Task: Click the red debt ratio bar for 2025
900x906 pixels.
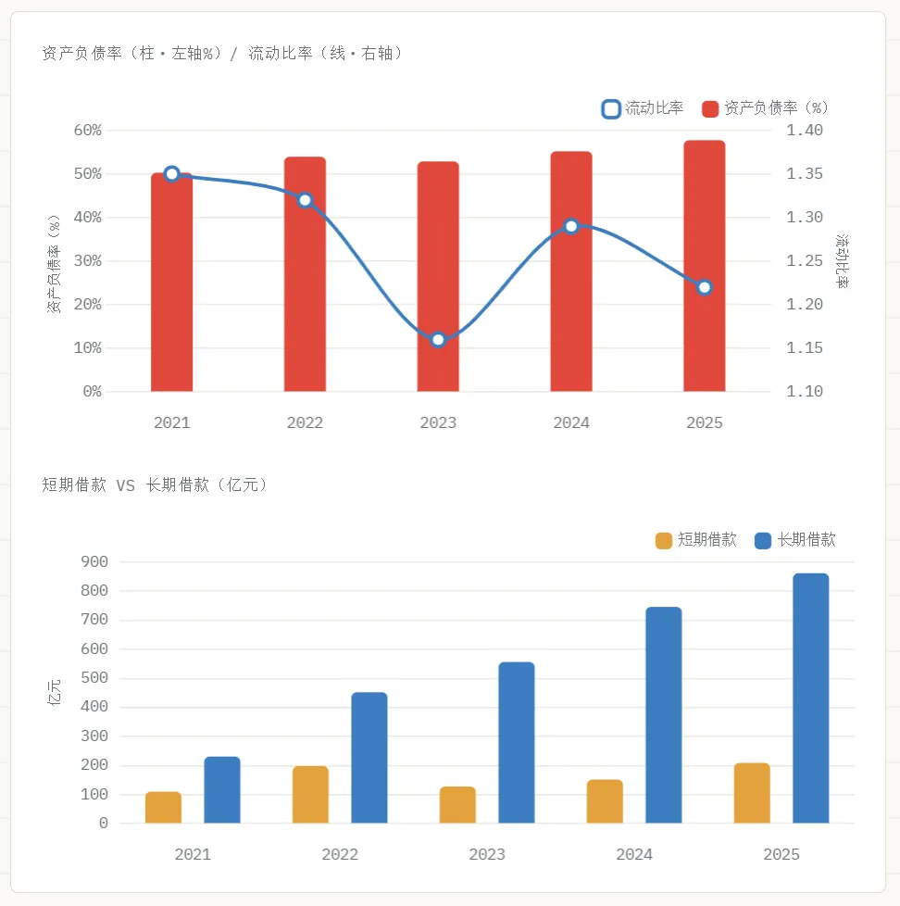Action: click(705, 266)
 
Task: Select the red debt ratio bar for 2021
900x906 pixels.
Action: click(171, 282)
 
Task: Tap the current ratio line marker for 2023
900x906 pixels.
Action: click(438, 340)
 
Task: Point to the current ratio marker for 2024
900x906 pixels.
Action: click(571, 226)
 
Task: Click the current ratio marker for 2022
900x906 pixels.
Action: click(305, 200)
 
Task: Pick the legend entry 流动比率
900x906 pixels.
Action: click(643, 108)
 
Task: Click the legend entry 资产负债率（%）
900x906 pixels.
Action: click(766, 108)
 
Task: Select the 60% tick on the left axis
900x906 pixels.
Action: click(88, 130)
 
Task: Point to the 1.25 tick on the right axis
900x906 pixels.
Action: click(805, 260)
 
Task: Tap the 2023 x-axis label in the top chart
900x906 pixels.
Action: click(438, 423)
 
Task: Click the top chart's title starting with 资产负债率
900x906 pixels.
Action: click(223, 53)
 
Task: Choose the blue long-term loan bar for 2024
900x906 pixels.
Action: click(664, 715)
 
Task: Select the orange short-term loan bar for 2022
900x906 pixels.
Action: click(311, 795)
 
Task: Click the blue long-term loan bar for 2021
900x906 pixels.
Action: click(222, 790)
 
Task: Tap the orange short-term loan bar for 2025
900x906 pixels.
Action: click(752, 793)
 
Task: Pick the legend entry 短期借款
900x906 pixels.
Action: click(696, 540)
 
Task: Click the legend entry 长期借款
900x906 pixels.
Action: click(795, 540)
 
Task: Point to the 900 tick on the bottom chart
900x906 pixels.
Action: click(94, 561)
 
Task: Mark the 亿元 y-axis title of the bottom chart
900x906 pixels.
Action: click(54, 692)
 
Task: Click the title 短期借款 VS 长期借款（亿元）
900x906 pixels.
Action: click(155, 484)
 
